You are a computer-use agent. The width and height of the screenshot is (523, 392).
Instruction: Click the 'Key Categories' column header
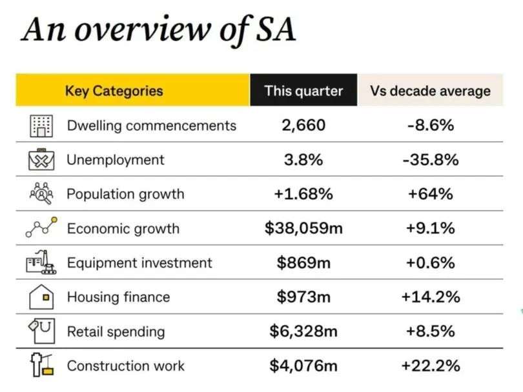click(114, 90)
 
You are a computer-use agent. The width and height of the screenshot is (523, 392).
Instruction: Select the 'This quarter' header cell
click(303, 90)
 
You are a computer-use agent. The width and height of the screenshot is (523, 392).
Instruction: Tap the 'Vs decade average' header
click(430, 90)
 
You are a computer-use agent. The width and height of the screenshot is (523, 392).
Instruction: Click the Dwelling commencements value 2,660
click(303, 125)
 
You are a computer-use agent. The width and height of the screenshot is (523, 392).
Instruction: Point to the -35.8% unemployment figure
click(430, 159)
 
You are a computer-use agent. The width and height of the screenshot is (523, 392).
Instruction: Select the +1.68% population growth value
click(303, 193)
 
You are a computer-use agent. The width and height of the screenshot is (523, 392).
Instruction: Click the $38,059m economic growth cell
click(303, 228)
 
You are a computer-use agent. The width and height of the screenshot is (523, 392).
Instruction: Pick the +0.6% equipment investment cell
click(430, 262)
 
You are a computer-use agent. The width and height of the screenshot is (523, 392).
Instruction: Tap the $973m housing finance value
click(303, 297)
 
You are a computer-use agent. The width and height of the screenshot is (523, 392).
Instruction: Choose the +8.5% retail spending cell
click(430, 331)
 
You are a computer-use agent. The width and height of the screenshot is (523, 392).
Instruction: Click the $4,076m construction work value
click(303, 366)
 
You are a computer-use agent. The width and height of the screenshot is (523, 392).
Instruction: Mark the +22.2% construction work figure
click(430, 366)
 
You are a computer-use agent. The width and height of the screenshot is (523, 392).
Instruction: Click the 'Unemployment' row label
click(116, 159)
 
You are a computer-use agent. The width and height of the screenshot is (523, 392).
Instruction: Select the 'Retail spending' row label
click(116, 331)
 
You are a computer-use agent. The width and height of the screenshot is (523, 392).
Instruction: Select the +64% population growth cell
click(430, 193)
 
